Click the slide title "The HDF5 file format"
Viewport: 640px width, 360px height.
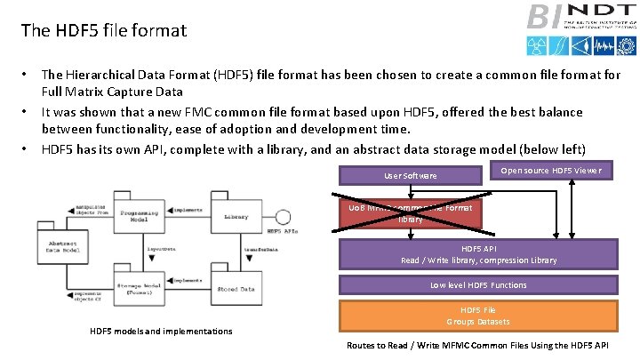(x=104, y=31)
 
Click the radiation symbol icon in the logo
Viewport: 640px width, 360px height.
(x=537, y=45)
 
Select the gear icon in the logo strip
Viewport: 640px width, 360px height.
(x=579, y=45)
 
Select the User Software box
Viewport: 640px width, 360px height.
(x=410, y=175)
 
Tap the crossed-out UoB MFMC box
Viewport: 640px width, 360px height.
(x=410, y=212)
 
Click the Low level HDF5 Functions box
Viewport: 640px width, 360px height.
(x=478, y=285)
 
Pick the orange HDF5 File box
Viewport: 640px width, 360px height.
(x=478, y=316)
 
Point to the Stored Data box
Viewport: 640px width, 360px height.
(x=236, y=288)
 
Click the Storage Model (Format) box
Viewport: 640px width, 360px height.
(x=140, y=288)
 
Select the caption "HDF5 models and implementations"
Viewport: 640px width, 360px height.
(x=162, y=332)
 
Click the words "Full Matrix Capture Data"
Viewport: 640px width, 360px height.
(x=112, y=92)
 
